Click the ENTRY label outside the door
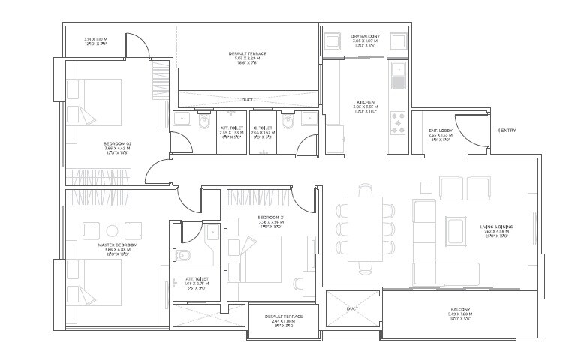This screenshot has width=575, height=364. point(507,131)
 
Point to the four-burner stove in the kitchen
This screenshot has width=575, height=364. point(399,121)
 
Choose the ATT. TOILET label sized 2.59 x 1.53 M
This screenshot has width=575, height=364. point(232,131)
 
